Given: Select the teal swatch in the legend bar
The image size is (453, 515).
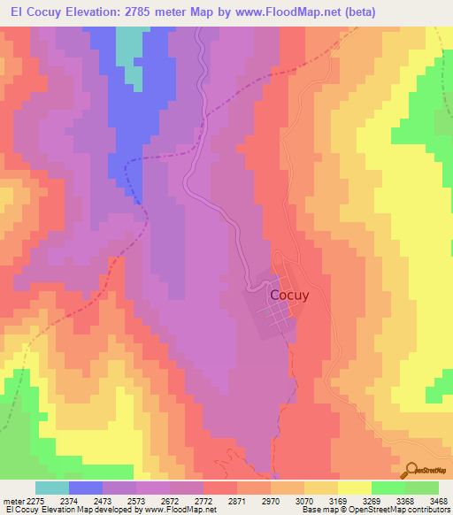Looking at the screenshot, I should [52, 488].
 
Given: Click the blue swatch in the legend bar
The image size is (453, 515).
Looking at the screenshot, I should [86, 488].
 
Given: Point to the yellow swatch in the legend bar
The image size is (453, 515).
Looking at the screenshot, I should [355, 488].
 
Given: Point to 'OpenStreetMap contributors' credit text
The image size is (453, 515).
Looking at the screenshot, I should [408, 510].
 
